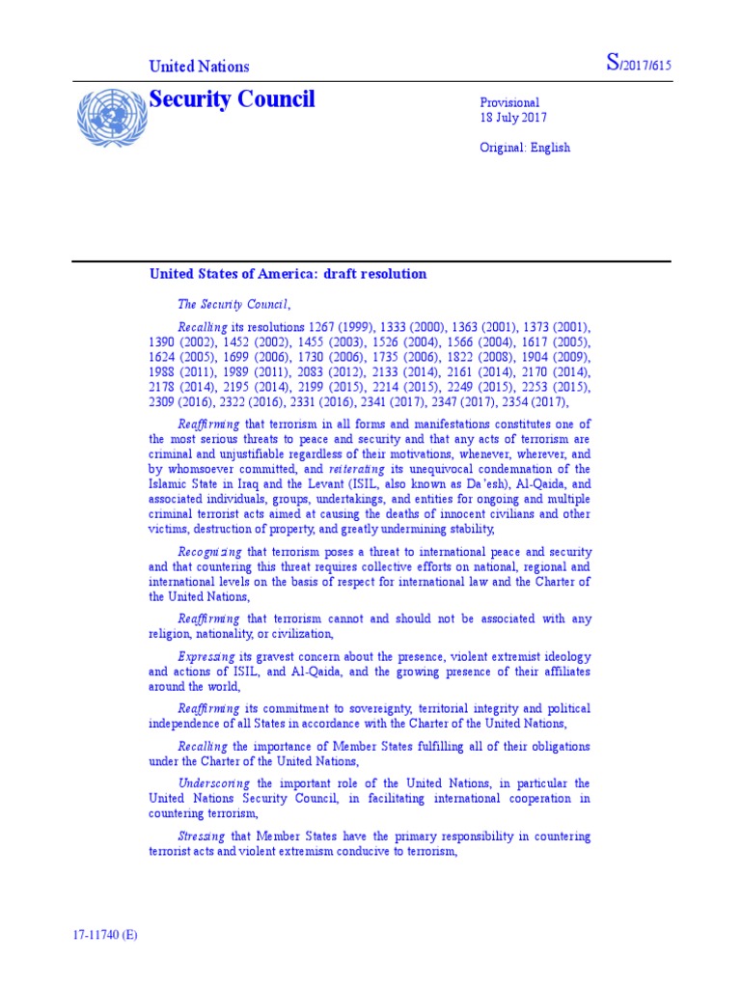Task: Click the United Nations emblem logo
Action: tap(108, 119)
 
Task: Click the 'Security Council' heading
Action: tap(232, 99)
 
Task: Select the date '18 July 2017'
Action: tap(515, 118)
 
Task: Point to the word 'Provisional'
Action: tap(509, 102)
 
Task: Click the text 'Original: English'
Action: tap(525, 148)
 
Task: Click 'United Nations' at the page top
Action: tap(198, 67)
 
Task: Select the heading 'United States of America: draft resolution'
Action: tap(288, 274)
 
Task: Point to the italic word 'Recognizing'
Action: tap(209, 552)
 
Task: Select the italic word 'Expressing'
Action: tap(207, 656)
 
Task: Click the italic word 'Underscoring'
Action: tap(213, 783)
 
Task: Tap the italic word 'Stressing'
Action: tap(203, 836)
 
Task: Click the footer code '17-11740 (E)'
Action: tap(104, 936)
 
